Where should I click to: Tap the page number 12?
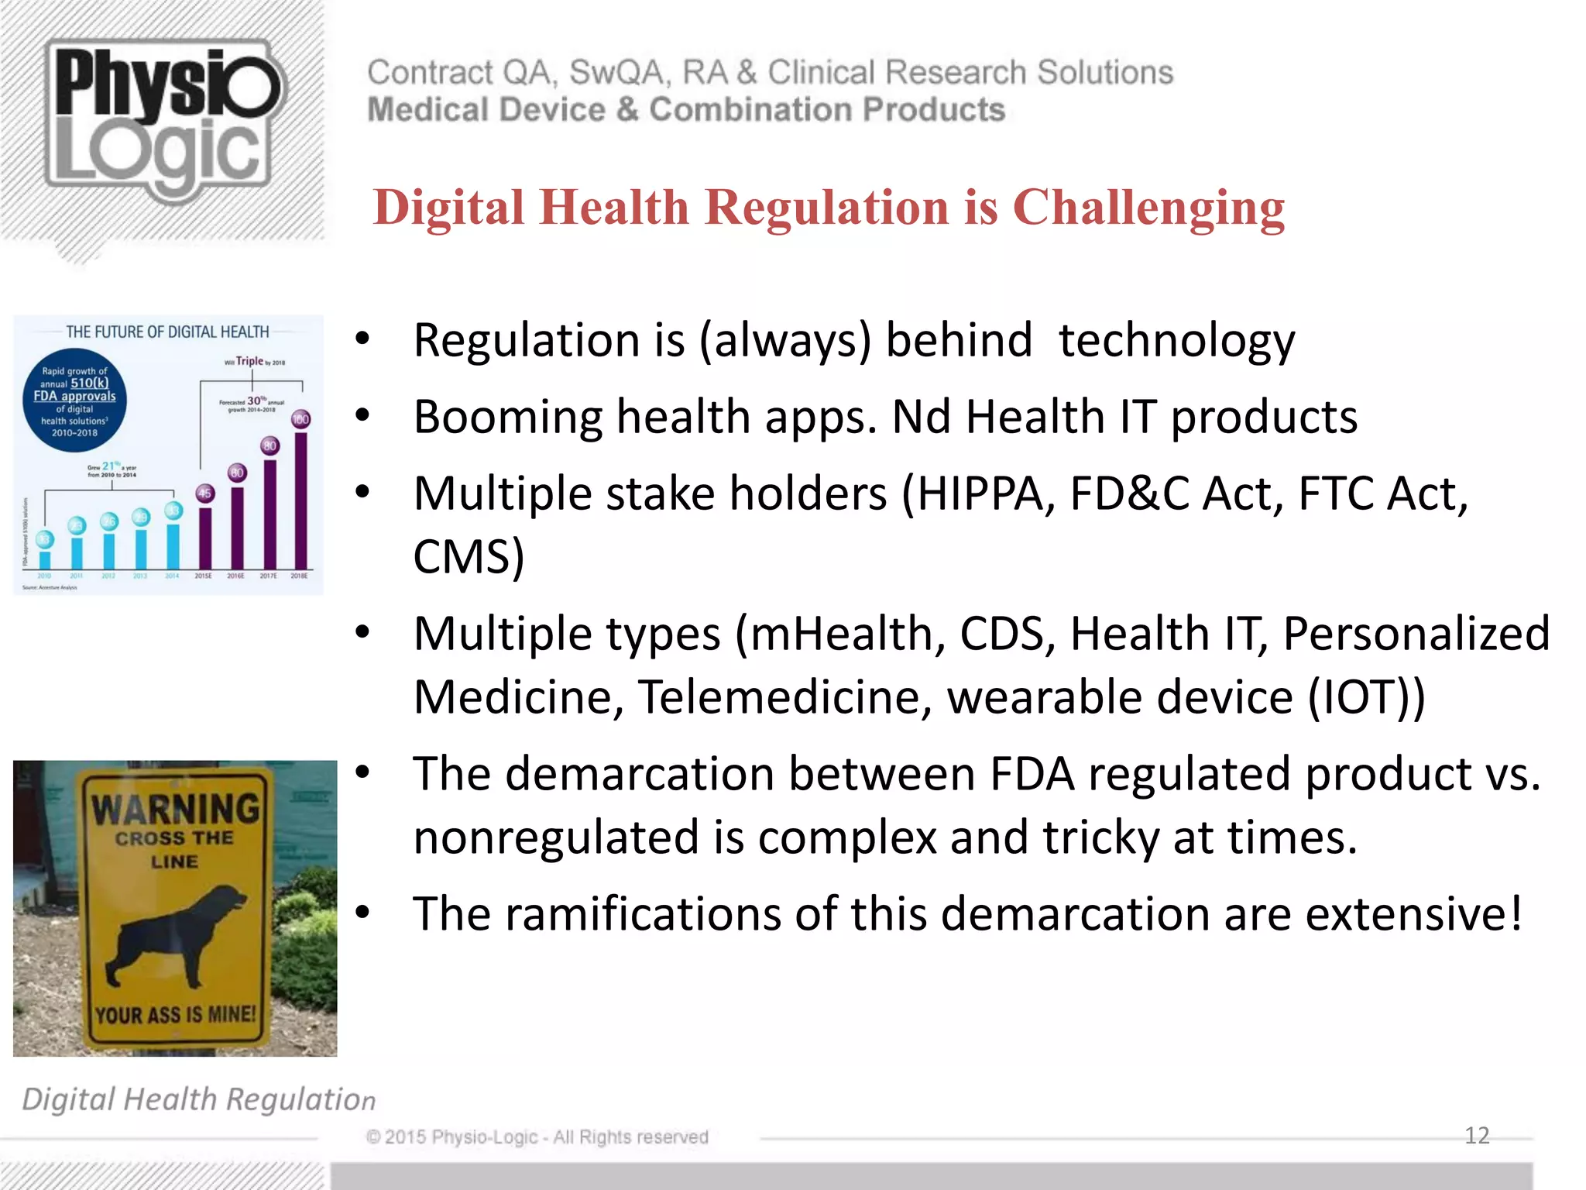coord(1477,1135)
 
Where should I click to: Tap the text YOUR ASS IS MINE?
coord(175,1014)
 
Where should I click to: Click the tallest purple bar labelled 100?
coord(300,500)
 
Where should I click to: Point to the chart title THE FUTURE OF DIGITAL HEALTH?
coord(167,332)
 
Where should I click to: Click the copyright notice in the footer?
coord(537,1137)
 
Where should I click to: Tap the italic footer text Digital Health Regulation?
coord(198,1099)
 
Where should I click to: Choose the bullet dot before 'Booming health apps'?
coord(362,416)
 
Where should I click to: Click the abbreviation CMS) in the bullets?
coord(469,556)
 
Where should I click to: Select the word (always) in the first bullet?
coord(785,340)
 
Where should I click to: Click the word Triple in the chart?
coord(249,361)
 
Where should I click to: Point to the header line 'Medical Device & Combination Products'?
coord(686,110)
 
